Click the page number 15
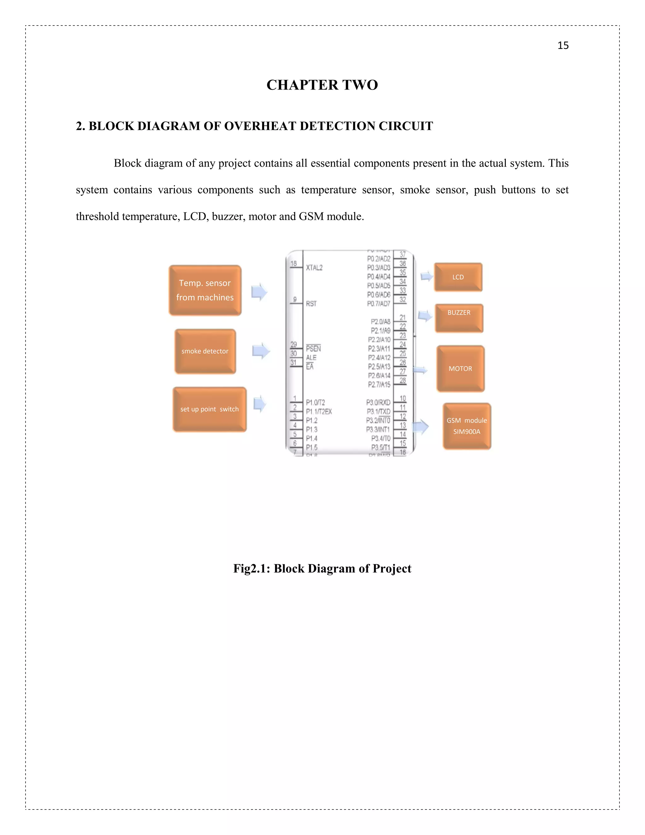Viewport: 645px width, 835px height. coord(563,45)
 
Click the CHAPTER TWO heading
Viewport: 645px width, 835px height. coord(322,85)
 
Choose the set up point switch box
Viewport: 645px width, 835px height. coord(209,409)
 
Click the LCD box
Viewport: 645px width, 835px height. coord(458,277)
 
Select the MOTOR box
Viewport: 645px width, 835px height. coord(460,369)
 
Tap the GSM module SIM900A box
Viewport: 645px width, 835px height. coord(466,426)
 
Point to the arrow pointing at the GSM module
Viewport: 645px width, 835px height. coord(420,426)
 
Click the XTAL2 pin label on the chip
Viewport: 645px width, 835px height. coord(314,268)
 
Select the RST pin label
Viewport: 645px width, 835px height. coord(311,303)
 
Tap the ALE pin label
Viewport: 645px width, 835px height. coord(311,358)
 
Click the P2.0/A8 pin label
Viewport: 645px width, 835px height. coord(380,321)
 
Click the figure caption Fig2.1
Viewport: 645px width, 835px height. coord(322,568)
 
